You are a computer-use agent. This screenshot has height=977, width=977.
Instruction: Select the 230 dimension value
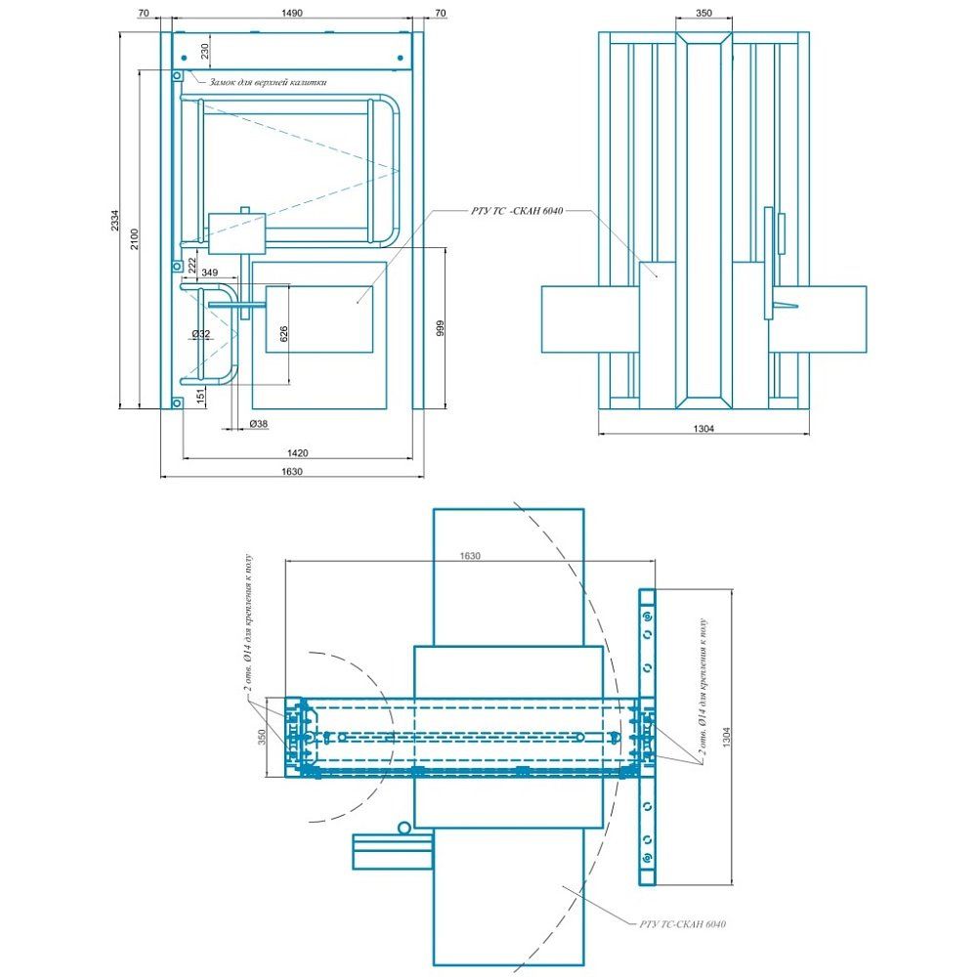[206, 51]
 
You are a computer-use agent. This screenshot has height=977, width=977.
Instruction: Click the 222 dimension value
[192, 264]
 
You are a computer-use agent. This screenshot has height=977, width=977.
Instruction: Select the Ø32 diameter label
[201, 334]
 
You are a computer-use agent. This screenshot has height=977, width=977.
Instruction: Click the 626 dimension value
[283, 334]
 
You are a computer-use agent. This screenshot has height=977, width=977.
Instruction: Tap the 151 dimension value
[200, 396]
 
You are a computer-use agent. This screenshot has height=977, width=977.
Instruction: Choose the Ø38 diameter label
[259, 423]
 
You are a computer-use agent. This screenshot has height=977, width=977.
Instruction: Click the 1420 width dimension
[297, 452]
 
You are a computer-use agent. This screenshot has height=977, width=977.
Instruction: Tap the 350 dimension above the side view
[703, 13]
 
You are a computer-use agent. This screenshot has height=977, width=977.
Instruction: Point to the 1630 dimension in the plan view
[471, 555]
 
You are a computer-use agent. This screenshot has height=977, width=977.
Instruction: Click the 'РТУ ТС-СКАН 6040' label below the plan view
[684, 923]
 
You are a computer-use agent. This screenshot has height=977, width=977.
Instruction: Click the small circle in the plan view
[404, 828]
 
